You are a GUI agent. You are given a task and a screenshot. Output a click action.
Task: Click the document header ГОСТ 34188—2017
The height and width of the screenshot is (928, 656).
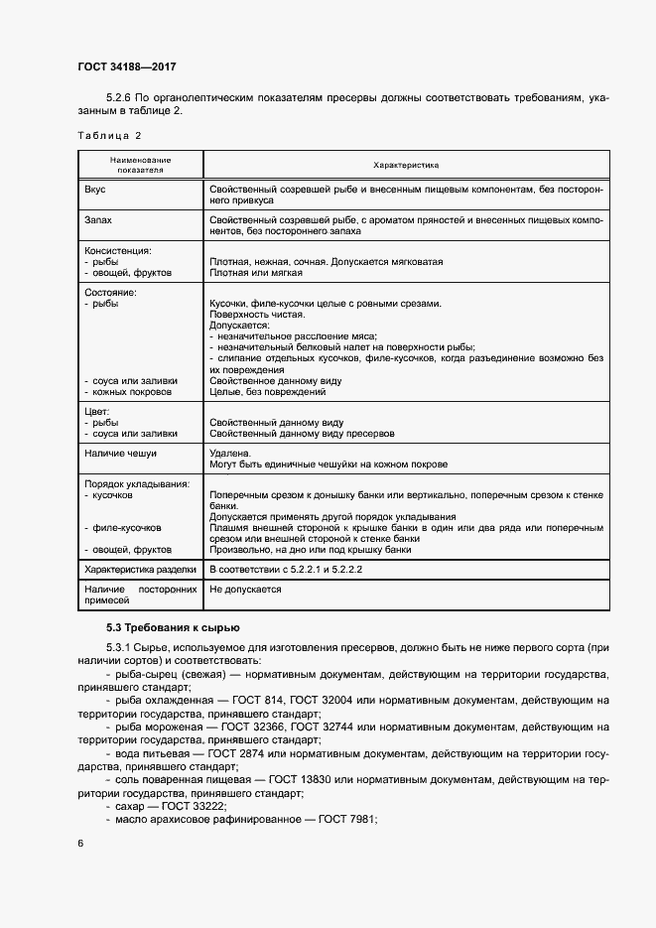(x=127, y=67)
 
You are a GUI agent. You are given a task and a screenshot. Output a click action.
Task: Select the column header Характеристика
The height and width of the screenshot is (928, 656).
(x=405, y=165)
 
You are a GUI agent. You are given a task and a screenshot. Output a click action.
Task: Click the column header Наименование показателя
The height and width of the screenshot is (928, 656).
(x=140, y=165)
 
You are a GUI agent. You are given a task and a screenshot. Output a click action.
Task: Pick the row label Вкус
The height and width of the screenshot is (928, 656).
(x=97, y=189)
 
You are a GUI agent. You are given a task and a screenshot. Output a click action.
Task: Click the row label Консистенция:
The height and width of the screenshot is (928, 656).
(x=118, y=251)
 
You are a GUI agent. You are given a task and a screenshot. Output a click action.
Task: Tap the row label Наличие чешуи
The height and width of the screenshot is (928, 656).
(x=121, y=454)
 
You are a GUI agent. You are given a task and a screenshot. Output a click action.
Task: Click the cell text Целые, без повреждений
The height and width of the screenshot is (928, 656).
(x=268, y=392)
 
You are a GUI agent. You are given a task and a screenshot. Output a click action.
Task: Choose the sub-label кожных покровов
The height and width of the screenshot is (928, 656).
(x=132, y=392)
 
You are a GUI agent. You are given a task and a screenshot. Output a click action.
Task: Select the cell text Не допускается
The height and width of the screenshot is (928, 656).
(x=246, y=590)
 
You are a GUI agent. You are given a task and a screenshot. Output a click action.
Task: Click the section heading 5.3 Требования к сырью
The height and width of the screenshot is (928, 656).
(x=173, y=627)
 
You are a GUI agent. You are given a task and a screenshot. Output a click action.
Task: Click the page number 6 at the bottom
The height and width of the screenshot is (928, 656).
(x=80, y=843)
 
